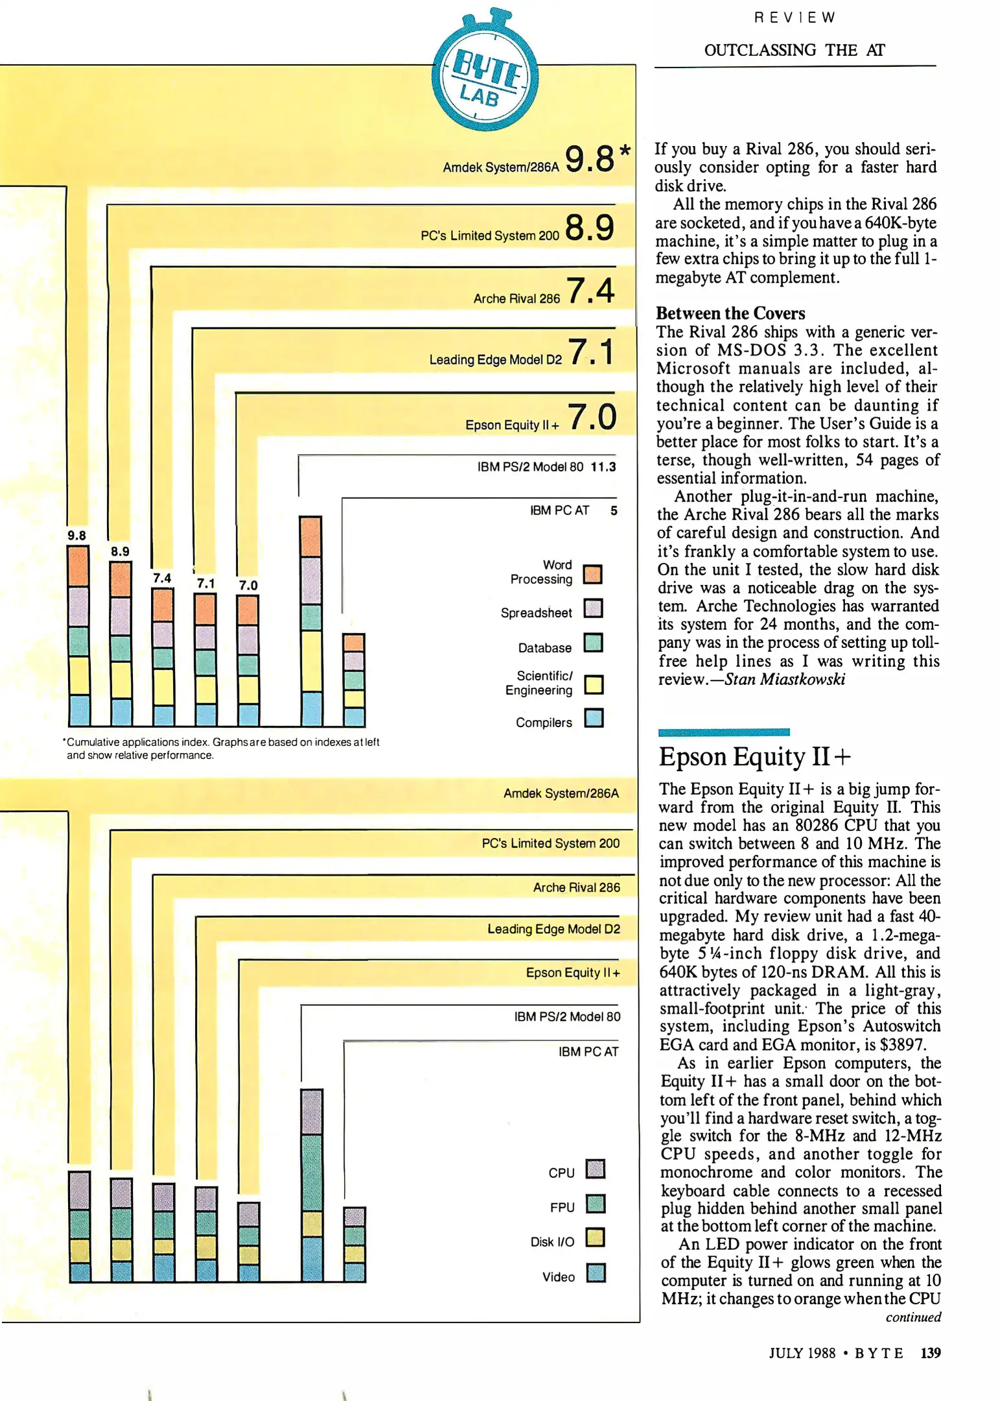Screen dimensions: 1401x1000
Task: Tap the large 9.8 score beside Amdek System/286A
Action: (x=590, y=159)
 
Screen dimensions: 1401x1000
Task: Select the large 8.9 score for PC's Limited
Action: (x=589, y=228)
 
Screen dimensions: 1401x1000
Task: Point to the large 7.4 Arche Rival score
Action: (x=590, y=291)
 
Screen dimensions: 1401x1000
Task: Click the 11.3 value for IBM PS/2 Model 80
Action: (x=603, y=467)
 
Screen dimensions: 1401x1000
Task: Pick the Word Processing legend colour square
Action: (x=592, y=574)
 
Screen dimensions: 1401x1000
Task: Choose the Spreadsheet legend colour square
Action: (x=593, y=608)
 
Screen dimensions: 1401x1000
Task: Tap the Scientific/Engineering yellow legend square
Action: (x=594, y=684)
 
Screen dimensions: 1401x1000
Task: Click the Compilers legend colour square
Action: (x=594, y=718)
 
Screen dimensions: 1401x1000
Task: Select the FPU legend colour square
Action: (x=595, y=1204)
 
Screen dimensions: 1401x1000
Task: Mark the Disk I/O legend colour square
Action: (x=595, y=1238)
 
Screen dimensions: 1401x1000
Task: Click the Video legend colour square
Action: (x=596, y=1273)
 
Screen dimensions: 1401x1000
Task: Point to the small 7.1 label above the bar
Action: (x=206, y=584)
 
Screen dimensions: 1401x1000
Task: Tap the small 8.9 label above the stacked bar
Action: (x=120, y=551)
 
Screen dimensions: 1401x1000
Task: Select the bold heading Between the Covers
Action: (x=730, y=313)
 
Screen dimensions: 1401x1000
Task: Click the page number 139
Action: (x=931, y=1352)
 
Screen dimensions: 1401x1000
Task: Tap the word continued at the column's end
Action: (x=913, y=1317)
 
